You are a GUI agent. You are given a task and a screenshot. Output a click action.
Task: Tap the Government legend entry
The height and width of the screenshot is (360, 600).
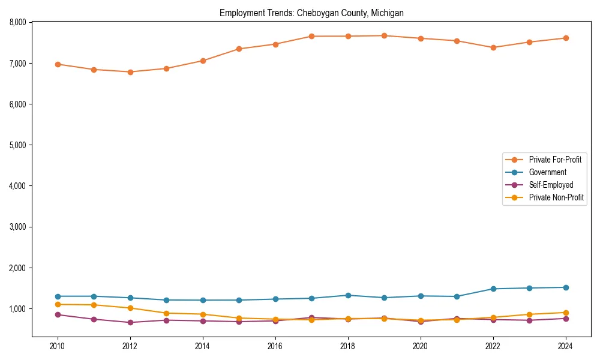click(x=547, y=172)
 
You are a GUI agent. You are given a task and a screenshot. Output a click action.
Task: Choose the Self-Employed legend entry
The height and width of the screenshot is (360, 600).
click(x=551, y=185)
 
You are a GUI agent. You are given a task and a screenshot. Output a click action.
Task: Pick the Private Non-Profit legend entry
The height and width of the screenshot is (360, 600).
click(x=556, y=197)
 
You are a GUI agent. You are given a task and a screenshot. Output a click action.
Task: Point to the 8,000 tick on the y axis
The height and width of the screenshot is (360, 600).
click(x=17, y=22)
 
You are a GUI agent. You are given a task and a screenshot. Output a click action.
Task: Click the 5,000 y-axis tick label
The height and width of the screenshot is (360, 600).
click(x=17, y=145)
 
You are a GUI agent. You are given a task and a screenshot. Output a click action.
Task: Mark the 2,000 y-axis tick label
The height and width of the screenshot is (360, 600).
click(x=17, y=268)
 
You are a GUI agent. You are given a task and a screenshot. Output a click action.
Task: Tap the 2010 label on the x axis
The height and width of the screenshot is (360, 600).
click(x=58, y=346)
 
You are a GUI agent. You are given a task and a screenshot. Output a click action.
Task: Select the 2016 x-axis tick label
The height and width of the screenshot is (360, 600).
click(x=275, y=346)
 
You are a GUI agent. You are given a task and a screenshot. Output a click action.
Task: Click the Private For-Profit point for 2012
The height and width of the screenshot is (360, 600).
click(x=130, y=72)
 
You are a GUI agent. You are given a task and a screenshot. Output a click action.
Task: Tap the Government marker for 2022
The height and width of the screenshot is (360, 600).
click(x=493, y=289)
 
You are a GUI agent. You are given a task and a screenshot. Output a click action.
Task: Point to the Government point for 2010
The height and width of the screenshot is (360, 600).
click(x=58, y=296)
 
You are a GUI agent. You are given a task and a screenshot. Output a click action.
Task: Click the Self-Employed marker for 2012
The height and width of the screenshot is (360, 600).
click(x=130, y=322)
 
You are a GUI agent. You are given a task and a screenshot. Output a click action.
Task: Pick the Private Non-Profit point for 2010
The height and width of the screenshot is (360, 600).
click(x=58, y=304)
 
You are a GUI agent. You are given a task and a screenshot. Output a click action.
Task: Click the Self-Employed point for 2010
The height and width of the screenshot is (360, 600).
click(x=58, y=314)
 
